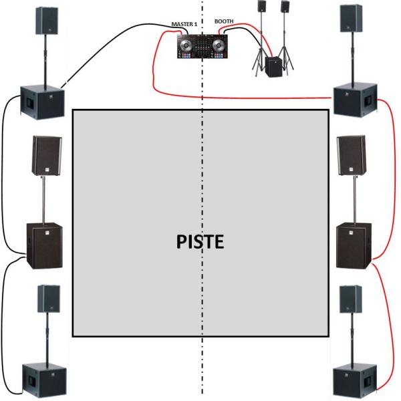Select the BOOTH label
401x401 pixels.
(x=225, y=21)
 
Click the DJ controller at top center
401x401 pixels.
(x=198, y=46)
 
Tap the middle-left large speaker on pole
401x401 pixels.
(x=46, y=156)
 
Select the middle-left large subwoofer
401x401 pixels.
(x=44, y=245)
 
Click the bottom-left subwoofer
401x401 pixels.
(x=44, y=380)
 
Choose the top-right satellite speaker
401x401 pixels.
(x=350, y=19)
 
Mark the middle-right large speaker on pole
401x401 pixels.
(x=351, y=156)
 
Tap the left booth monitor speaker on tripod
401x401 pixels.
(x=261, y=7)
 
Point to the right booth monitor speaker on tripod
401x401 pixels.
(x=285, y=7)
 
